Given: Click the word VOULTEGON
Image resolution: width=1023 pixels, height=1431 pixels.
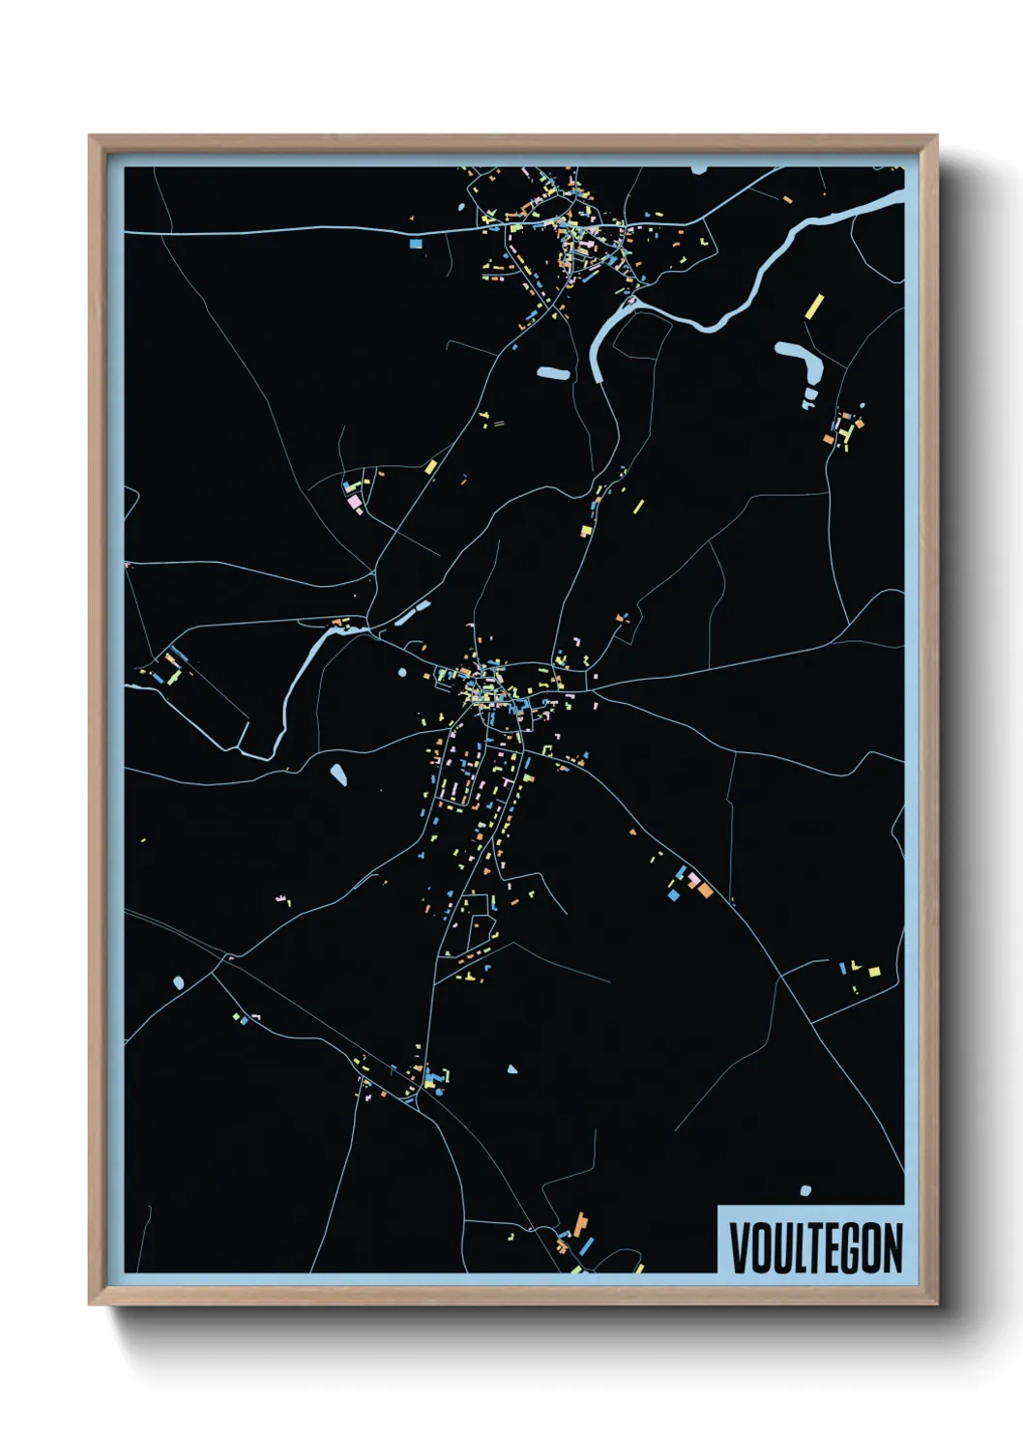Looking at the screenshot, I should point(815,1247).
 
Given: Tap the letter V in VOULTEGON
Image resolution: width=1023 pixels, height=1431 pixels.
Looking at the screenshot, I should point(740,1247).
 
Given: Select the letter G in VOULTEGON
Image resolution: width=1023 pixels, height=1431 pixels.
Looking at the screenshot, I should point(854,1247).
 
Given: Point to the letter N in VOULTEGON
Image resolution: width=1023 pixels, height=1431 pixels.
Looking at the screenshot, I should point(891,1247).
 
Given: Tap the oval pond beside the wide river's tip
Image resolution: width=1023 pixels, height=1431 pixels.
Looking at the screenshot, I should point(552,373).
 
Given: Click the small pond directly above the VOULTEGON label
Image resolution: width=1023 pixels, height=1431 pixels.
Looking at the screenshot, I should point(805,1190).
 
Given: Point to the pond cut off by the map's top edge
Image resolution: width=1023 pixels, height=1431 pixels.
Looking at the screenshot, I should point(699,169).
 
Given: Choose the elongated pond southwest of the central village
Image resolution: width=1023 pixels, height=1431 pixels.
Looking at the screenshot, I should point(338,774).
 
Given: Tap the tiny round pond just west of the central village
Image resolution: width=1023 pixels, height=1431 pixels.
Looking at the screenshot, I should point(402,672).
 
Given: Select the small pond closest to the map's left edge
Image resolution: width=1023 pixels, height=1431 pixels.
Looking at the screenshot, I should point(179,983).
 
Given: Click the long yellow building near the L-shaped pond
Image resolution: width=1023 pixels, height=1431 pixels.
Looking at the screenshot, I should point(814,307).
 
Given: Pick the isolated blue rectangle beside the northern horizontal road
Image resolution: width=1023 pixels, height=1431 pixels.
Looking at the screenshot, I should point(416,244).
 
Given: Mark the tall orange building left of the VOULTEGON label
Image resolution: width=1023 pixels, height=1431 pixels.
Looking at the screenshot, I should point(580,1223).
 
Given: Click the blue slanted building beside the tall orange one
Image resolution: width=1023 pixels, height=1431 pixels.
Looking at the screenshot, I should point(586,1246).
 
